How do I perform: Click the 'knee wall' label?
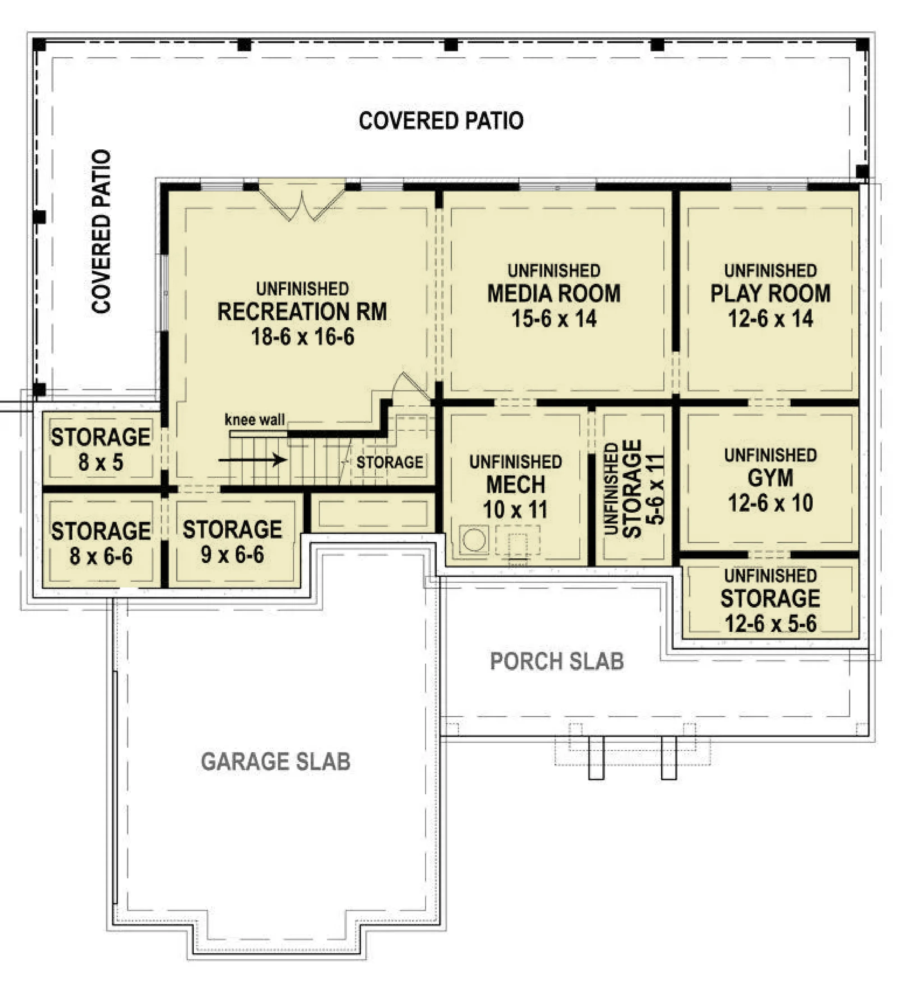click(254, 420)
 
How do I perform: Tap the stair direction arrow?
click(252, 460)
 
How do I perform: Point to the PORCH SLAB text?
click(557, 662)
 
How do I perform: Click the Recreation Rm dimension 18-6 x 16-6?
click(302, 337)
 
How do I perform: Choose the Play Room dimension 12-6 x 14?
click(770, 319)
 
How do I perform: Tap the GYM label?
click(770, 478)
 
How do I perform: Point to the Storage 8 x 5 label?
click(100, 449)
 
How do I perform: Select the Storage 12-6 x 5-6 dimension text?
click(770, 623)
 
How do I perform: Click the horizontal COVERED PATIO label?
click(441, 121)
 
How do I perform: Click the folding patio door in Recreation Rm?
click(301, 203)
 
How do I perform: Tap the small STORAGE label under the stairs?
click(390, 462)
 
